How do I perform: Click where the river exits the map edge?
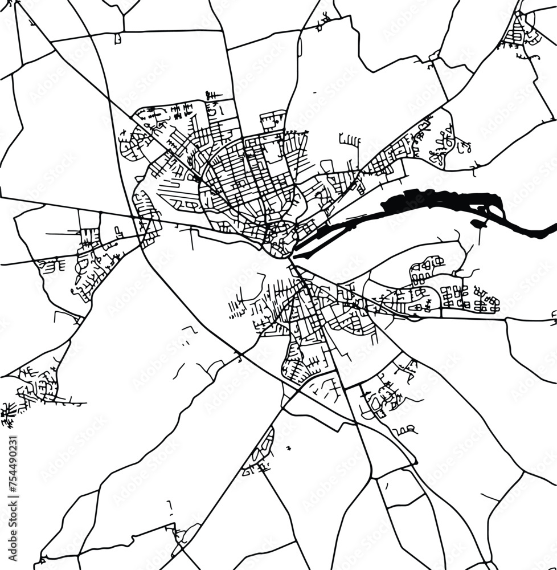(552, 230)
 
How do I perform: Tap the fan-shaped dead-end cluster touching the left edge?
(8, 413)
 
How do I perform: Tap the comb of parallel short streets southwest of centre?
(238, 308)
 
